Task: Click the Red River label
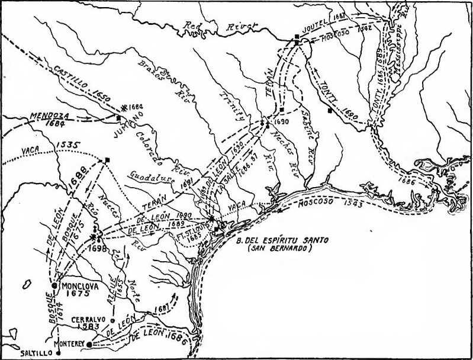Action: (x=222, y=25)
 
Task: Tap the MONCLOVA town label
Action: (x=81, y=284)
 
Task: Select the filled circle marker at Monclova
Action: (x=55, y=285)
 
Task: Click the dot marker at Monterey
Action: (x=89, y=343)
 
